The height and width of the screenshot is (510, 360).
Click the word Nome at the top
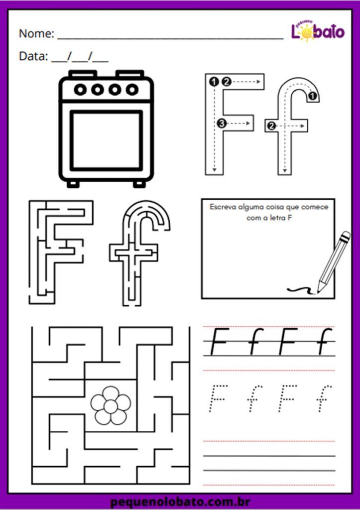click(x=36, y=33)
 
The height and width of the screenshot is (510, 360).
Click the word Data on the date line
click(x=33, y=56)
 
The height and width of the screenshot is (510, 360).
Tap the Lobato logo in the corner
click(x=317, y=31)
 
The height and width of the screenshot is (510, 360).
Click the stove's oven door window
click(x=107, y=140)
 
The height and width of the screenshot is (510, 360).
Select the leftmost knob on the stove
click(x=80, y=89)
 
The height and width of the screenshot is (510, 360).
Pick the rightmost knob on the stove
click(x=132, y=89)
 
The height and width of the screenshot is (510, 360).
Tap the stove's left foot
click(x=73, y=184)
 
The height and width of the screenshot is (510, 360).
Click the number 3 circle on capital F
click(x=222, y=124)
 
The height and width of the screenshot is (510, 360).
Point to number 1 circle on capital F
click(x=214, y=82)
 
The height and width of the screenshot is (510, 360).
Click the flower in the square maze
click(x=111, y=405)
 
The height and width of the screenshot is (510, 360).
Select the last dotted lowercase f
click(x=324, y=398)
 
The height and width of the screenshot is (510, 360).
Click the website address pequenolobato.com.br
click(x=180, y=502)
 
